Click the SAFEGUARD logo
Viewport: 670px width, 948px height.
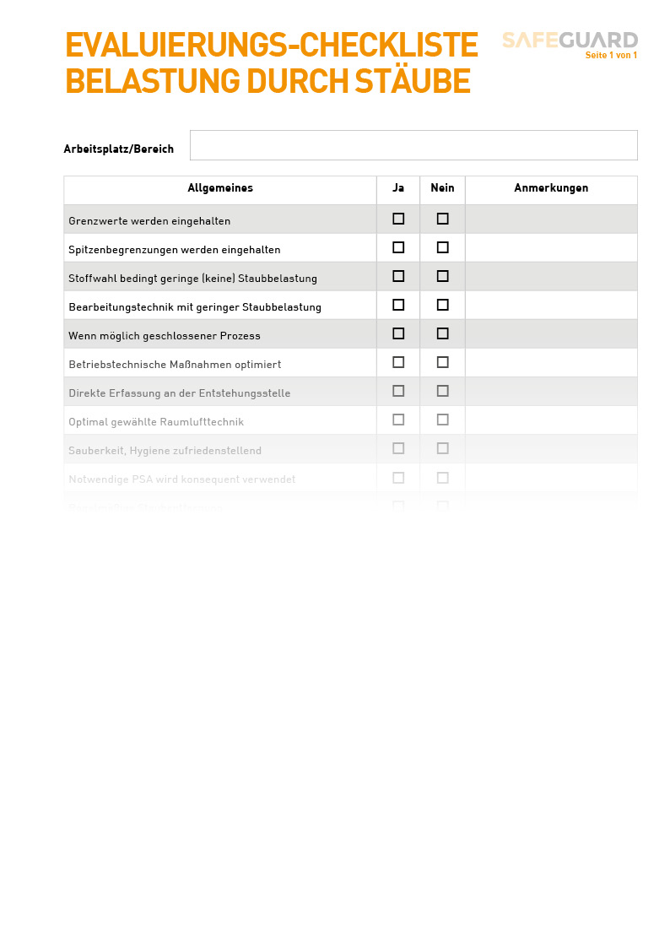pyautogui.click(x=570, y=40)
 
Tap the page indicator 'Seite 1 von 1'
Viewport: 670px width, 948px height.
pyautogui.click(x=611, y=56)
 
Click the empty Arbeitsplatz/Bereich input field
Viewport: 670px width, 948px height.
pyautogui.click(x=413, y=145)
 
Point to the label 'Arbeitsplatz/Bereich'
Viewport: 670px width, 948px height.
pyautogui.click(x=119, y=149)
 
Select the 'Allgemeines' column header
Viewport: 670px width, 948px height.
pyautogui.click(x=220, y=188)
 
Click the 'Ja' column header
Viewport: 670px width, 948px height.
pyautogui.click(x=398, y=188)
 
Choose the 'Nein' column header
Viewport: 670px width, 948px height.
pyautogui.click(x=442, y=188)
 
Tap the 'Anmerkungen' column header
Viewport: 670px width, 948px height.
pyautogui.click(x=551, y=188)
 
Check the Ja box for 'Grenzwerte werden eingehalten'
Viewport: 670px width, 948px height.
pyautogui.click(x=398, y=219)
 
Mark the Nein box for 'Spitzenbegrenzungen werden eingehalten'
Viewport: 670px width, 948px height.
pyautogui.click(x=442, y=247)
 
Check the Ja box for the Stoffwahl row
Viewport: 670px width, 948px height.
pyautogui.click(x=398, y=276)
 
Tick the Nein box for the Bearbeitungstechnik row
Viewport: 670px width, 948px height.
pyautogui.click(x=442, y=305)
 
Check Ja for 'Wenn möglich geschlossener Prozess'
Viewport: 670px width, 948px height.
pyautogui.click(x=398, y=333)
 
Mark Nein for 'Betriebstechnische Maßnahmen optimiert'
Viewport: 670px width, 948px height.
pyautogui.click(x=442, y=362)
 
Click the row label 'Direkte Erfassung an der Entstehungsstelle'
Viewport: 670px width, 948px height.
pyautogui.click(x=180, y=393)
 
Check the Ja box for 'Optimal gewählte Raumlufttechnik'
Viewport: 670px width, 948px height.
pyautogui.click(x=398, y=420)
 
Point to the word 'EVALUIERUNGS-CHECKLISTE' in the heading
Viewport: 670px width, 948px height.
pyautogui.click(x=272, y=46)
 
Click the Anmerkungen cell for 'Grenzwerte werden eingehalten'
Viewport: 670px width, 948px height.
pyautogui.click(x=551, y=219)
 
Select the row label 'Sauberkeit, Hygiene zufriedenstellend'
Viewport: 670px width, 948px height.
pyautogui.click(x=165, y=451)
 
